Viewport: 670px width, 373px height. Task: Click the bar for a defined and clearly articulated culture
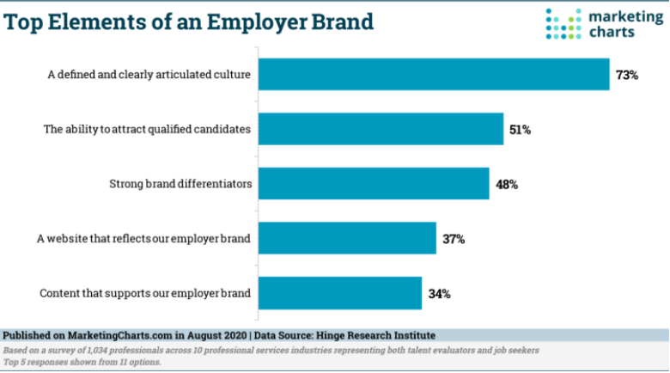(434, 75)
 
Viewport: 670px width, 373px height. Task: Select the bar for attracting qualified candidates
(381, 129)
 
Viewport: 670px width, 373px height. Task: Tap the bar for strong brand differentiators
(374, 184)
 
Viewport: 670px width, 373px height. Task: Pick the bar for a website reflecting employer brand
(347, 238)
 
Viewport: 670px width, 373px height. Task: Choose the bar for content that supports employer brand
(340, 293)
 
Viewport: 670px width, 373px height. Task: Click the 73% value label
(627, 75)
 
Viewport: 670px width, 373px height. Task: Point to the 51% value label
(521, 130)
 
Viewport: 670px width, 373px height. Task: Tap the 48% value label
(507, 184)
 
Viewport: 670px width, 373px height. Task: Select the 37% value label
(454, 239)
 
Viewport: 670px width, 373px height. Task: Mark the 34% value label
(439, 293)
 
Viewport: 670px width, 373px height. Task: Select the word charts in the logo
(606, 32)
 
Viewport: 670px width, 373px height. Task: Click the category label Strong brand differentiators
(180, 184)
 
